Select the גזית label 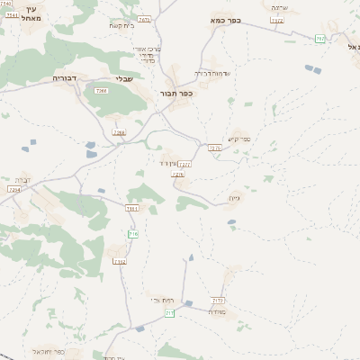(236, 200)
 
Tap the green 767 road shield (320, 39)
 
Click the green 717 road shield (169, 312)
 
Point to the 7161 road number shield (131, 208)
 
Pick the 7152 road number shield (120, 261)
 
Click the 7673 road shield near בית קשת (144, 19)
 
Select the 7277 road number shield (184, 165)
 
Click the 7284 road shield (13, 190)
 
